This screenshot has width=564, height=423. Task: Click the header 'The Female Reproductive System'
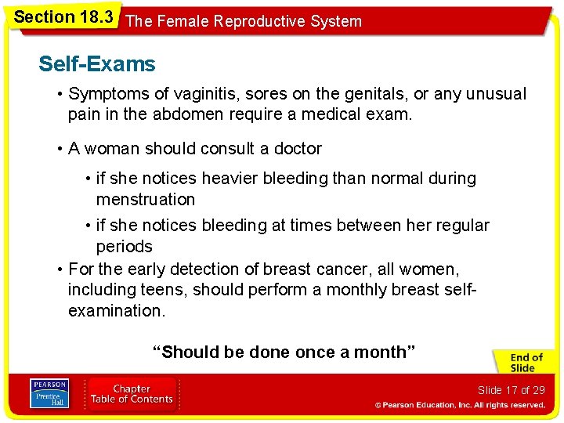(x=244, y=21)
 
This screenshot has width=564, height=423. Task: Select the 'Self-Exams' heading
(x=97, y=64)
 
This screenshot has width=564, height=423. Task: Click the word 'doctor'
(x=295, y=148)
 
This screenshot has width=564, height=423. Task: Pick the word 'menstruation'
(x=146, y=200)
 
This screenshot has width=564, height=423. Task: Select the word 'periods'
(x=124, y=247)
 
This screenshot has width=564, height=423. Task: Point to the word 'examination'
(x=116, y=310)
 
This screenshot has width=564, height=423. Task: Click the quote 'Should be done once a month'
(x=284, y=352)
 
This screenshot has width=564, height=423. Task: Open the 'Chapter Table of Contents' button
(x=132, y=394)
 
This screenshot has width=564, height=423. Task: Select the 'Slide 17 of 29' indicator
(x=510, y=390)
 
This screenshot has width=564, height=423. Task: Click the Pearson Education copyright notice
(x=459, y=406)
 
